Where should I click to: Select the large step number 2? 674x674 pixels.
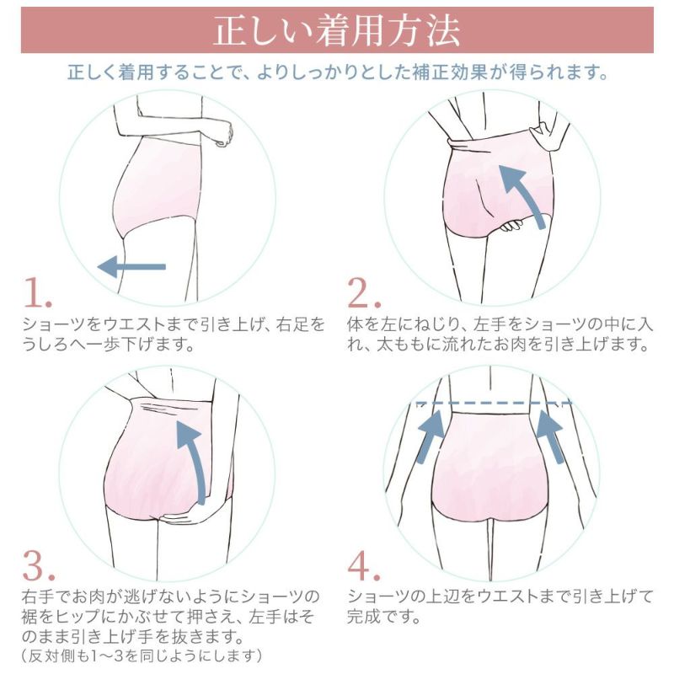click(x=365, y=292)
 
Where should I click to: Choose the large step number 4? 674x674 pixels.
click(x=365, y=565)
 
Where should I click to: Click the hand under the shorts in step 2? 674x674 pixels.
click(x=517, y=225)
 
